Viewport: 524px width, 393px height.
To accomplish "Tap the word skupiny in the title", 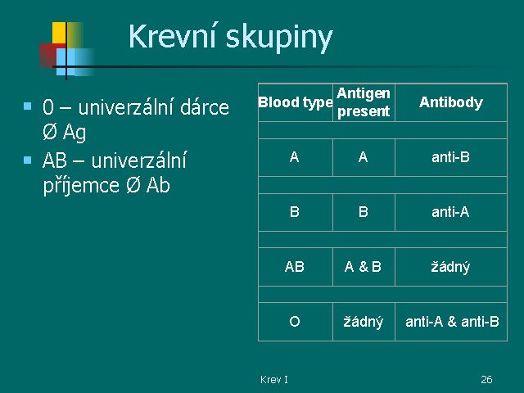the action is (x=279, y=38).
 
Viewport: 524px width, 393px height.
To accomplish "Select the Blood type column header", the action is (x=295, y=102).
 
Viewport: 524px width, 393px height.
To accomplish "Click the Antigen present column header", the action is (x=364, y=102).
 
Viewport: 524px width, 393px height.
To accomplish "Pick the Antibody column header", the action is (x=451, y=102).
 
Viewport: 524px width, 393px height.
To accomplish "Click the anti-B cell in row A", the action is (x=450, y=157).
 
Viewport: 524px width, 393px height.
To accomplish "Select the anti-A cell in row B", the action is (x=450, y=212).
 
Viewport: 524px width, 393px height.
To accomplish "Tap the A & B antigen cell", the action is (x=363, y=267).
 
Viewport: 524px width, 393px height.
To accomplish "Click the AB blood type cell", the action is (x=295, y=267).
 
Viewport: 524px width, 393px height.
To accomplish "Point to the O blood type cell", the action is (x=295, y=322).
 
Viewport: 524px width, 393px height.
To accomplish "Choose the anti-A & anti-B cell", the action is (x=452, y=322).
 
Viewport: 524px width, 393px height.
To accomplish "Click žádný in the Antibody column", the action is (x=450, y=268).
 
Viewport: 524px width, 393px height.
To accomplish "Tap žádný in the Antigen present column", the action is (x=364, y=322).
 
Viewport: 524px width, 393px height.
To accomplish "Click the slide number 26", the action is (x=486, y=379).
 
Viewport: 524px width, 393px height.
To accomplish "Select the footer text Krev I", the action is (x=274, y=379).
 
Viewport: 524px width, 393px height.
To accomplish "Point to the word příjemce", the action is (x=81, y=186).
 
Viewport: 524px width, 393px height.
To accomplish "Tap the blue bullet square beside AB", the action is (x=27, y=160).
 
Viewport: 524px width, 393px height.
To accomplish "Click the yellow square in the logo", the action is (x=59, y=33).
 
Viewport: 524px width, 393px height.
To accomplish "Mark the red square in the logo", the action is (x=47, y=56).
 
